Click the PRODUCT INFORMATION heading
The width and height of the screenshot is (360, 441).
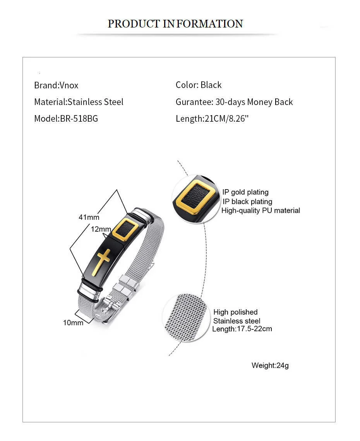point(175,24)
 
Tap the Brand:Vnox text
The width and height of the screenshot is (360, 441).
point(56,85)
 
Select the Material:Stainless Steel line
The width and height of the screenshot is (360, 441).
point(79,102)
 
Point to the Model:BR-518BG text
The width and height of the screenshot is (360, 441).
point(66,119)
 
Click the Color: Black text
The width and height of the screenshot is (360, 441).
point(199,85)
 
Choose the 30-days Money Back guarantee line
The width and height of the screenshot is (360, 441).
point(234,102)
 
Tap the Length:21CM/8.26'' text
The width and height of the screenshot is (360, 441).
point(212,119)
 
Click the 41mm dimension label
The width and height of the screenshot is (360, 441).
point(89,217)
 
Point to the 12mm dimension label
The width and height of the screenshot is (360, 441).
point(101,229)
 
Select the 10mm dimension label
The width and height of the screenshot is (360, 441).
point(73,322)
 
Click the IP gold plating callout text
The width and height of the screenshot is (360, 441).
point(245,192)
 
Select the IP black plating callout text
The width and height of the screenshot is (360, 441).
point(247,202)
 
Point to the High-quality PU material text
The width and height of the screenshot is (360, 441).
point(261,210)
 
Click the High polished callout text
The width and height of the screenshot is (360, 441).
point(235,312)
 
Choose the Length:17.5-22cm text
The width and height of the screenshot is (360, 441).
point(242,329)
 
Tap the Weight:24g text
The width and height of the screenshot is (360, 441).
point(270,365)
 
